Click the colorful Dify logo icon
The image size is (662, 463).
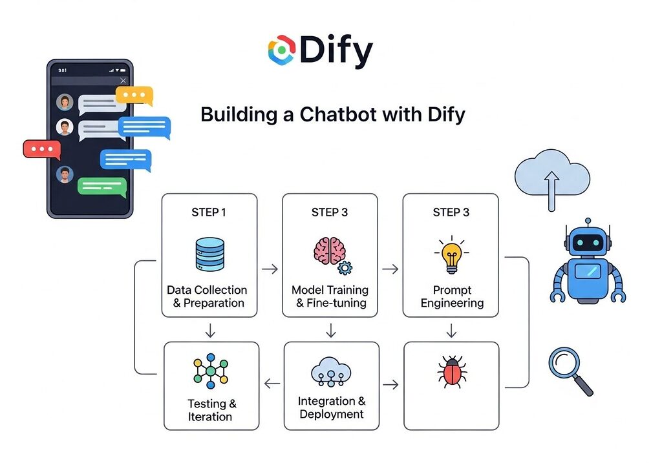(x=283, y=51)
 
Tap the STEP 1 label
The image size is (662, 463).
(x=209, y=212)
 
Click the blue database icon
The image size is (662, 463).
(x=209, y=254)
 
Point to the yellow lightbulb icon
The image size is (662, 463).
(x=451, y=256)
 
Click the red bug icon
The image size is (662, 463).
(x=451, y=373)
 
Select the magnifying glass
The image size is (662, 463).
(x=570, y=370)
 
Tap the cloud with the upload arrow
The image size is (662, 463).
(x=552, y=178)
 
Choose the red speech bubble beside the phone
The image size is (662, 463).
(x=42, y=149)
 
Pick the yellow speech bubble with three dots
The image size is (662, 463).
(x=134, y=96)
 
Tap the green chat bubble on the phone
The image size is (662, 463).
(x=102, y=186)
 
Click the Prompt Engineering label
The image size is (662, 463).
(x=451, y=296)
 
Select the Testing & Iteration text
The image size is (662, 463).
(x=211, y=410)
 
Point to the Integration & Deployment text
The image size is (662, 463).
(x=331, y=407)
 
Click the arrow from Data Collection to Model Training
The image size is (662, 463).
(x=269, y=267)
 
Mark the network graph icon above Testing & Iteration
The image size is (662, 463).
(x=211, y=371)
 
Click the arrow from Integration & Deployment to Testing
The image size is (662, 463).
(x=272, y=385)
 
